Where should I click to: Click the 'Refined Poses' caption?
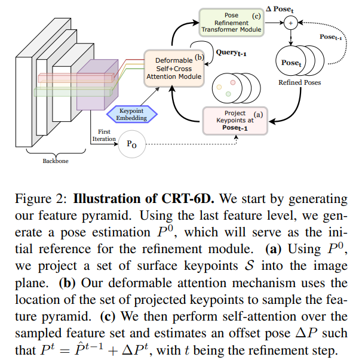[x=299, y=82]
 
